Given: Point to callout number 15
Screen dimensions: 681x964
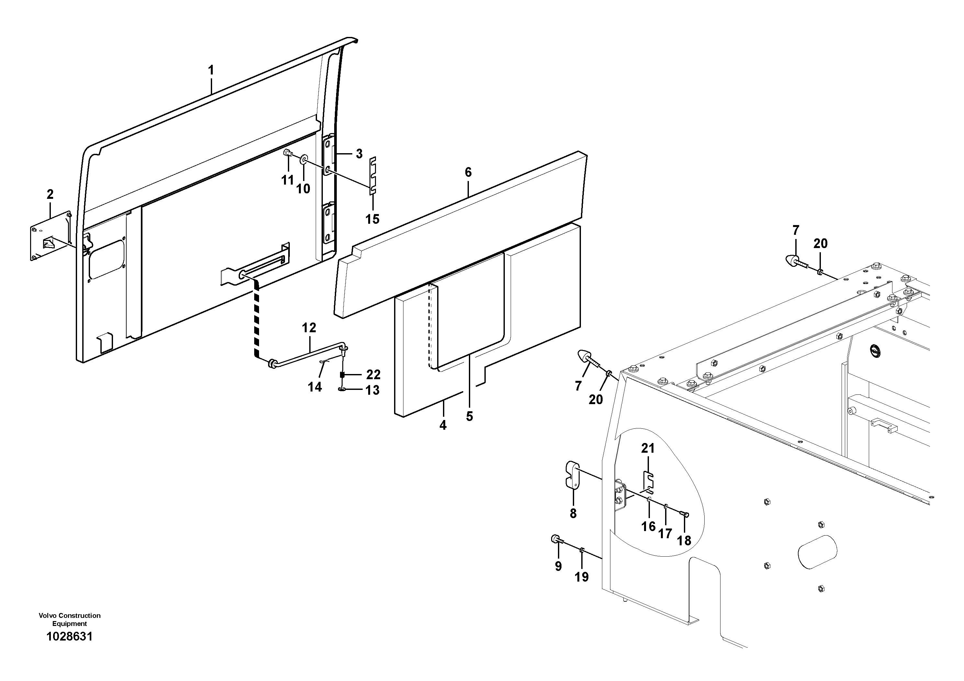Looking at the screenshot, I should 372,219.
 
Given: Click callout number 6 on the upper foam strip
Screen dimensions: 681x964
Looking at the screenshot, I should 468,172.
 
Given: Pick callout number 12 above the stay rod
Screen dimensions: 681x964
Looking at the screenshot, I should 309,327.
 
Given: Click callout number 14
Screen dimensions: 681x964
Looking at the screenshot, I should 315,387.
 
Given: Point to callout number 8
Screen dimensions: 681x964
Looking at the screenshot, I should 573,513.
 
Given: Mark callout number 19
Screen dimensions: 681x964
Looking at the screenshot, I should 582,577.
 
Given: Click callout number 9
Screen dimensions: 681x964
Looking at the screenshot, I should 558,566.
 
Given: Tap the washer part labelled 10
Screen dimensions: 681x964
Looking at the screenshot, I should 303,160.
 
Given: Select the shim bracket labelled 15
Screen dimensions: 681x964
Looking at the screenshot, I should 372,176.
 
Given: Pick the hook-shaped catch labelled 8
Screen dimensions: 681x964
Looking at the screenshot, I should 570,475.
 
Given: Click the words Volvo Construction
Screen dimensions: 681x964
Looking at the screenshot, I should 69,616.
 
